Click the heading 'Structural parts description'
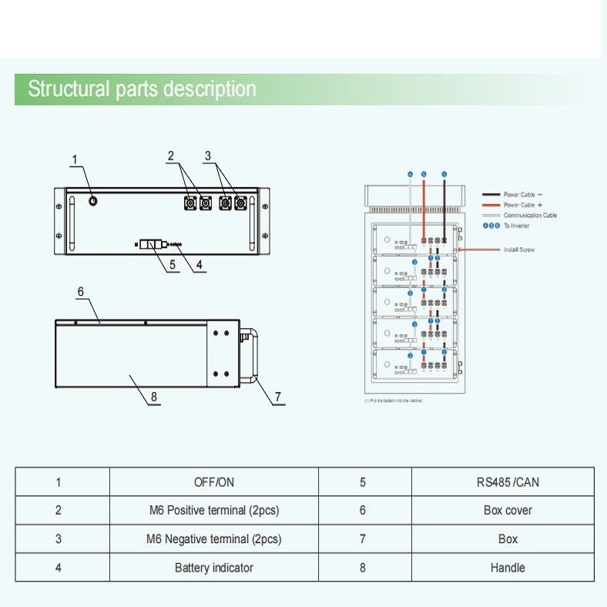pyautogui.click(x=142, y=89)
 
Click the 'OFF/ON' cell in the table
pyautogui.click(x=213, y=483)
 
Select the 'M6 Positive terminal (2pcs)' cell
pyautogui.click(x=213, y=511)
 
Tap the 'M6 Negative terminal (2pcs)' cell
pyautogui.click(x=213, y=539)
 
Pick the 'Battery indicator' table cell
pyautogui.click(x=213, y=568)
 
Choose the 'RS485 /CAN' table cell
pyautogui.click(x=508, y=483)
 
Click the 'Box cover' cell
pyautogui.click(x=508, y=511)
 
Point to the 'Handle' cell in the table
pyautogui.click(x=508, y=568)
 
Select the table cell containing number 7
pyautogui.click(x=363, y=539)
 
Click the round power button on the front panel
pyautogui.click(x=93, y=200)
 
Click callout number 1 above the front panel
pyautogui.click(x=75, y=160)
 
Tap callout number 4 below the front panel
pyautogui.click(x=200, y=264)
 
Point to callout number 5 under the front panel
pyautogui.click(x=173, y=264)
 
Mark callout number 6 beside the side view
pyautogui.click(x=80, y=291)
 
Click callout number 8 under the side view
pyautogui.click(x=154, y=397)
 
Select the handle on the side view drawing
pyautogui.click(x=249, y=354)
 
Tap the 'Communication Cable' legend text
pyautogui.click(x=530, y=216)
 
